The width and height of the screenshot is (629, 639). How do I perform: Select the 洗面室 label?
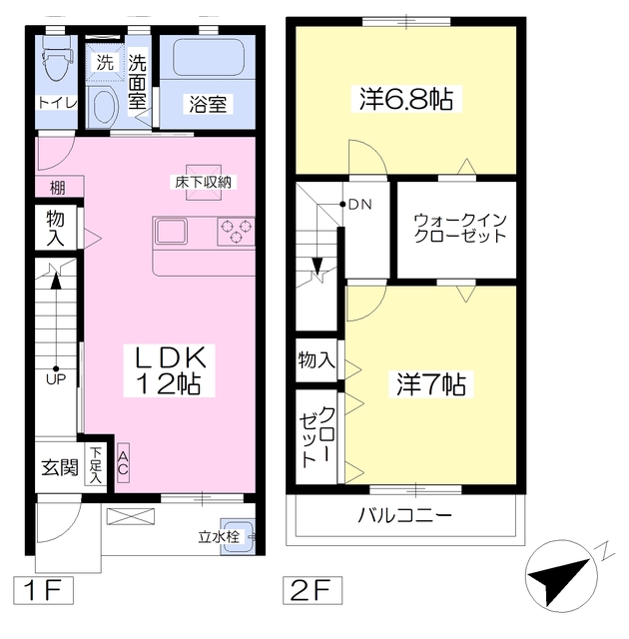point(138,82)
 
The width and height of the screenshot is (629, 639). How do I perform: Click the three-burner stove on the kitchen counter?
point(236,231)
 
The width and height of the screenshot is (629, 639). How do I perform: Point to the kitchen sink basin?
point(171,232)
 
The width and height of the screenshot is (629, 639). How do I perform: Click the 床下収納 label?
point(204,182)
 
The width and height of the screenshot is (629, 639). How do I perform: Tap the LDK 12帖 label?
point(169,370)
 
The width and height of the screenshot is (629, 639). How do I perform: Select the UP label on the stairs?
point(56,379)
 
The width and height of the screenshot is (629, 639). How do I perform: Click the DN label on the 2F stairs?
point(360,204)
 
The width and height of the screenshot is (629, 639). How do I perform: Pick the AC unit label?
point(123,463)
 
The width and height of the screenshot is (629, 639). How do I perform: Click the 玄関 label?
point(60,467)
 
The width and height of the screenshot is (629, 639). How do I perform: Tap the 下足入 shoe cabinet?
point(95,465)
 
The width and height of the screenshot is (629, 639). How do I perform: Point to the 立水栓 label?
point(219,537)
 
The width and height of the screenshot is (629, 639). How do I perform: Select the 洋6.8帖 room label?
point(406,99)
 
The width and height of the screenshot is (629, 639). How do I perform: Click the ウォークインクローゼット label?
point(460,229)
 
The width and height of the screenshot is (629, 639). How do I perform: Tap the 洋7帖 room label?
point(431,384)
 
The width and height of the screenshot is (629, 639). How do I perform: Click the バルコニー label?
point(405,515)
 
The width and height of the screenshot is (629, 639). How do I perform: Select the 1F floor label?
point(43,590)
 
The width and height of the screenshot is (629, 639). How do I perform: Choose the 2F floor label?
point(313,590)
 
